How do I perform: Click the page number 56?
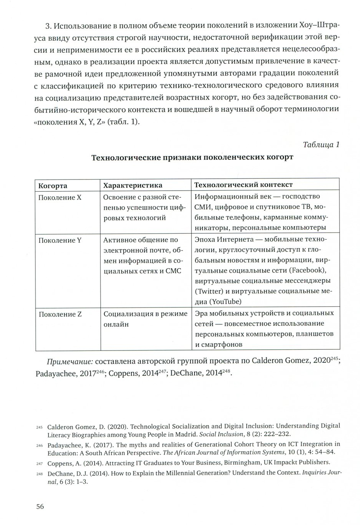(40, 506)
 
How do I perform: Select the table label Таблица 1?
(321, 145)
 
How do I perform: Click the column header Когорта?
(53, 186)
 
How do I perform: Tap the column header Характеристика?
(133, 186)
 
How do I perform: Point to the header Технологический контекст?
(243, 185)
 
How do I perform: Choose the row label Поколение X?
(60, 198)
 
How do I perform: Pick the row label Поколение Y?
(60, 240)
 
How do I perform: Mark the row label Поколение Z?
(60, 314)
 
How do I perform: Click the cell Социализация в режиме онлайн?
(145, 319)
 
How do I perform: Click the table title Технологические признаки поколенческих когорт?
(192, 157)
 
